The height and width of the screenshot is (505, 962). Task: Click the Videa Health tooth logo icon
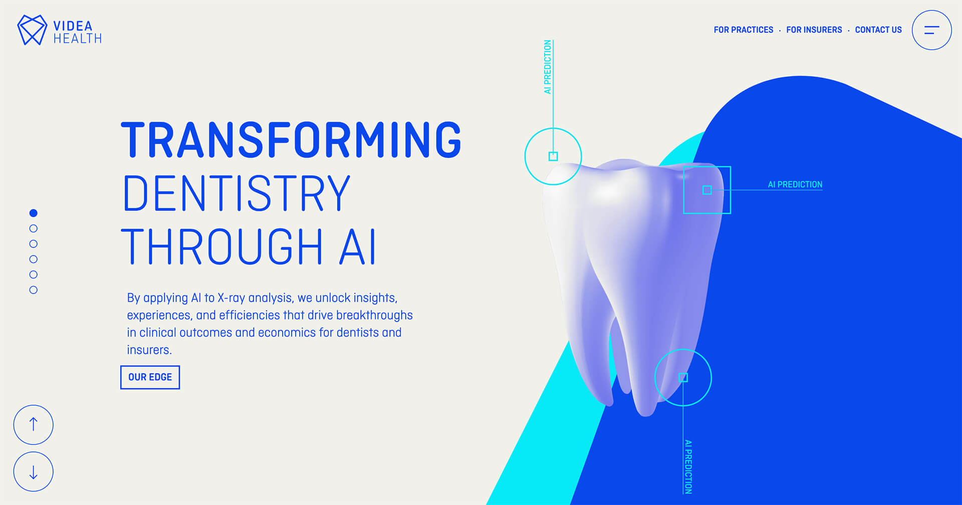tap(32, 30)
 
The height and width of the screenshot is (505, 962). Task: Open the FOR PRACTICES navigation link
tap(743, 30)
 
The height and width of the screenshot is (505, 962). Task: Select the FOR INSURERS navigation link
tap(814, 30)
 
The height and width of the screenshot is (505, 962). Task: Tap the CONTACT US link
tap(878, 30)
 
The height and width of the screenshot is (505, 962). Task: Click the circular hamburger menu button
tap(931, 30)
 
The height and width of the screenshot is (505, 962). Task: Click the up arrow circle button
tap(33, 425)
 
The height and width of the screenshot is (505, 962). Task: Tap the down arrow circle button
tap(33, 472)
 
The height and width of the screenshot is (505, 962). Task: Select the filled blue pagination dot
tap(34, 213)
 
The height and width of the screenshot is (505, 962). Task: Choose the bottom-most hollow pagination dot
tap(34, 290)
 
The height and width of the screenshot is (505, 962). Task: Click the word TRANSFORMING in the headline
tap(291, 140)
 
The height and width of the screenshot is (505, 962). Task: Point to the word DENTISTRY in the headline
tap(236, 194)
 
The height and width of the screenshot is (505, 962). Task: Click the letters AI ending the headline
tap(357, 247)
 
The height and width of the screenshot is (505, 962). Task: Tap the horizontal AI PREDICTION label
tap(795, 184)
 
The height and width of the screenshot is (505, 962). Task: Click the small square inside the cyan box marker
tap(707, 190)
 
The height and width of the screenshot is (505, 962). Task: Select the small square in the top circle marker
tap(553, 156)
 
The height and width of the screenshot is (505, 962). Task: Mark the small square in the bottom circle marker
tap(683, 378)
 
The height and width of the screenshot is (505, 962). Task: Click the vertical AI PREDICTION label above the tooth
tap(548, 67)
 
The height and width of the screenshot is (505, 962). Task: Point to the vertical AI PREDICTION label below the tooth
tap(688, 466)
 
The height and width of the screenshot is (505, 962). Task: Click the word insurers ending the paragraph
tap(149, 350)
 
